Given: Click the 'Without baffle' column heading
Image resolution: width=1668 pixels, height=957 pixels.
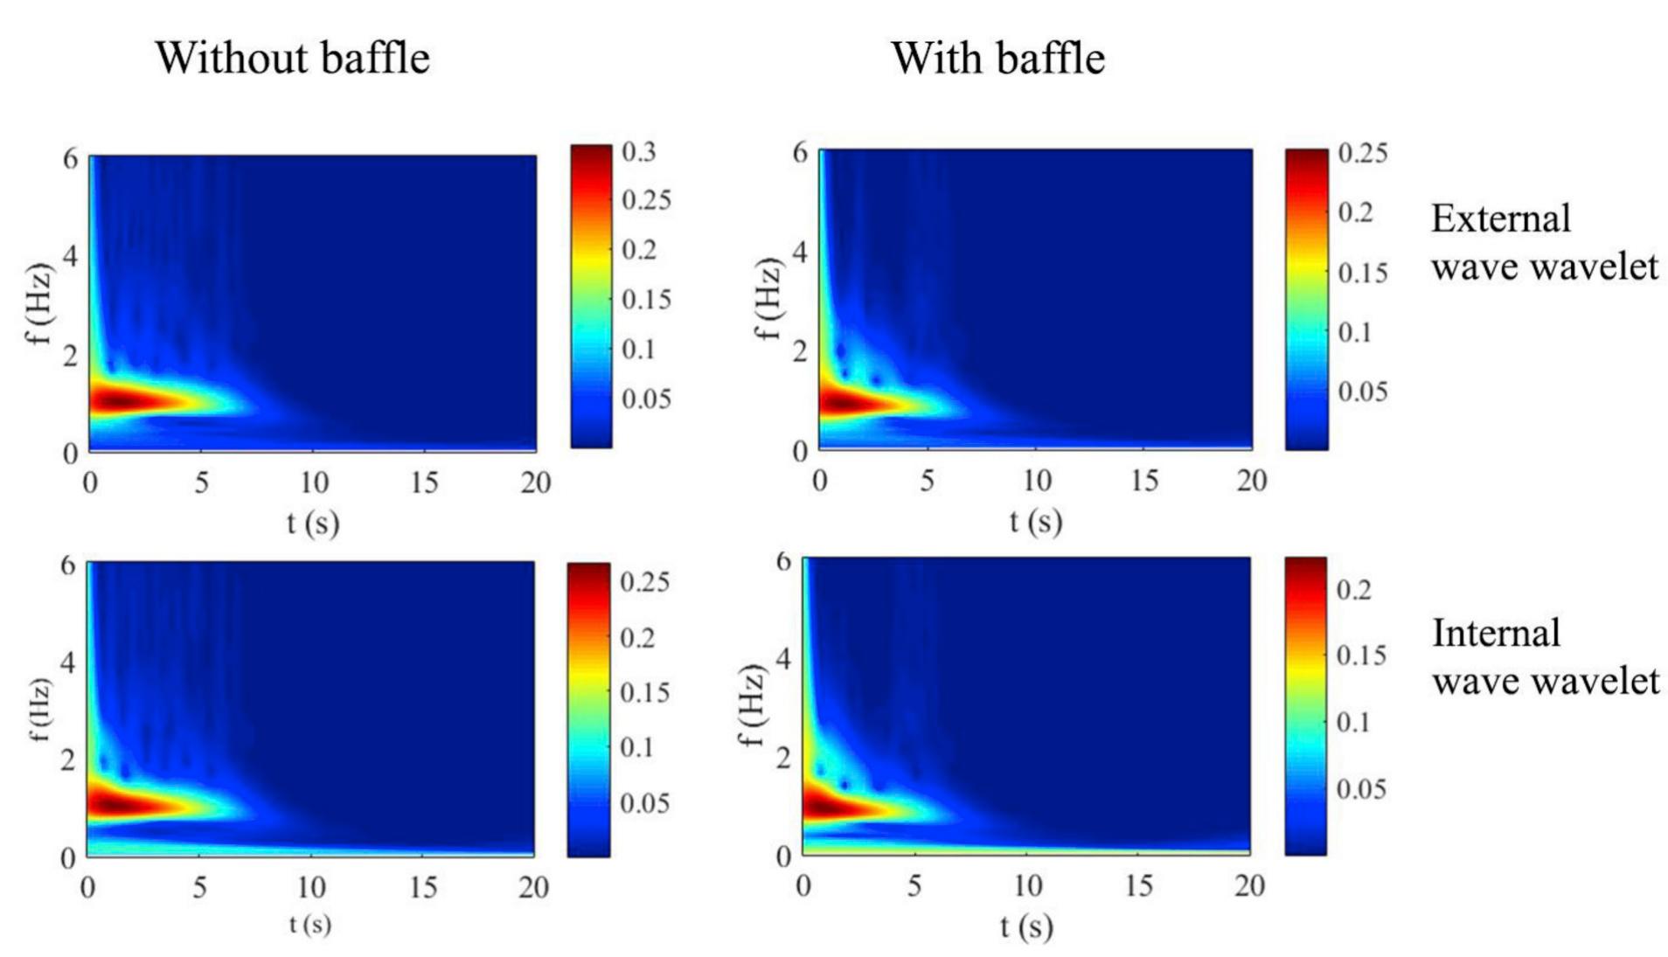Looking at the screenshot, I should tap(293, 59).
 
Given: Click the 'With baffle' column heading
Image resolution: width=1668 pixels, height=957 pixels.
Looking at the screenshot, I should tap(997, 59).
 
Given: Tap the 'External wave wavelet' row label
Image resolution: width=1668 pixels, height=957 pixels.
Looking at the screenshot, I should tap(1543, 242).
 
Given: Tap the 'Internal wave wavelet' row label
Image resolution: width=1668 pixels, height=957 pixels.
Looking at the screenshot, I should tap(1545, 656).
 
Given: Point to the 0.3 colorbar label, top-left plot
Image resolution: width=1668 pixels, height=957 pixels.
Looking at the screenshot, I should tap(638, 152).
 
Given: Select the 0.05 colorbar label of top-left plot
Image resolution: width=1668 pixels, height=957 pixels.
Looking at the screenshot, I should tap(646, 399).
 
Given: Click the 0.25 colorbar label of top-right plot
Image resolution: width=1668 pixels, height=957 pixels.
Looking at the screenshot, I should tap(1362, 154).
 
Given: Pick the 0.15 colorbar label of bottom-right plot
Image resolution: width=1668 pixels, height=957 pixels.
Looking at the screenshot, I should tap(1361, 655).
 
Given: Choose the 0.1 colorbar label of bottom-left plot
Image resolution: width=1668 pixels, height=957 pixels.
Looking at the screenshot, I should tap(636, 748).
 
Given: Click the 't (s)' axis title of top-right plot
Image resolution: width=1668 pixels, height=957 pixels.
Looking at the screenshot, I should tap(1035, 522).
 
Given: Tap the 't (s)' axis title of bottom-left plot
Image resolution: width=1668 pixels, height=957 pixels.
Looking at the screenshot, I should tap(310, 924).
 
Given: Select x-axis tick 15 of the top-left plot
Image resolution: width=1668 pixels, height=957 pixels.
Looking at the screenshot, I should tap(424, 482).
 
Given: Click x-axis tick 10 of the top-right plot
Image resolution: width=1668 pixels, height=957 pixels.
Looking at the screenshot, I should tap(1036, 480).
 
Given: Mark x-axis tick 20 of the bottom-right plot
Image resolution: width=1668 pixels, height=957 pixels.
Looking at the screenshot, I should tap(1249, 886).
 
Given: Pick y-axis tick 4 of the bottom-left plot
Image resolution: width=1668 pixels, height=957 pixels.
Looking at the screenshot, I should tap(68, 662).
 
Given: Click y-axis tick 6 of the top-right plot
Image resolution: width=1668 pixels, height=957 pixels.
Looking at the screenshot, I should tap(800, 153).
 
